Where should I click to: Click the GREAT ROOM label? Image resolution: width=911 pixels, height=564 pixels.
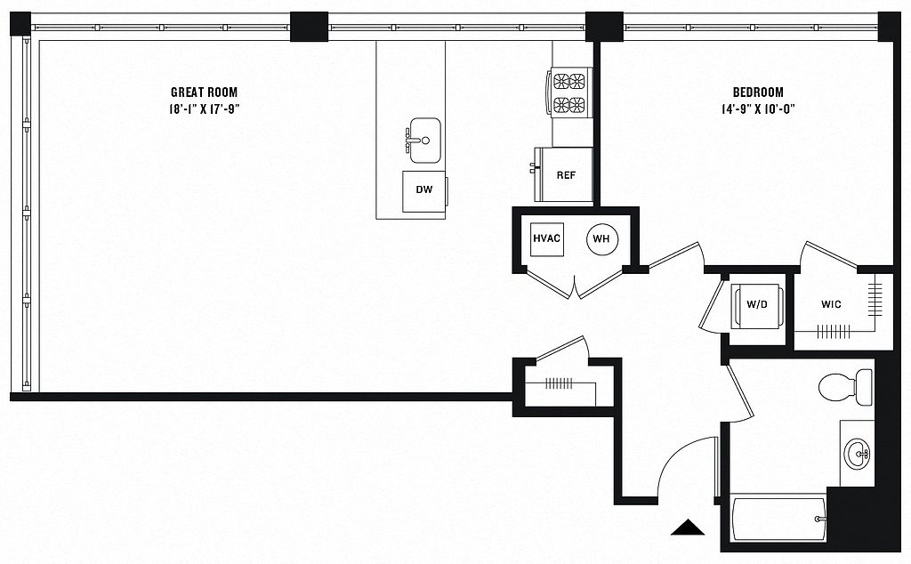click(204, 92)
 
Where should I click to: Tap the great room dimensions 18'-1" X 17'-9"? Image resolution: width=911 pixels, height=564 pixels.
click(205, 109)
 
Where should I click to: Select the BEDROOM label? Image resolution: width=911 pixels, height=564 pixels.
click(758, 92)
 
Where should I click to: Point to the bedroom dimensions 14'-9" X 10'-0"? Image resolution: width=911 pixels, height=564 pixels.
click(758, 109)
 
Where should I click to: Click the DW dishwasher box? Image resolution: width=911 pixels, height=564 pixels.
click(424, 189)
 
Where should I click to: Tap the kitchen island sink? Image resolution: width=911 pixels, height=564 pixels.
click(424, 141)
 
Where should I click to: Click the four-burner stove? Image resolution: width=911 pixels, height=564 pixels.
click(569, 93)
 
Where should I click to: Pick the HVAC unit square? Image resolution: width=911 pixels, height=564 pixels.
click(547, 238)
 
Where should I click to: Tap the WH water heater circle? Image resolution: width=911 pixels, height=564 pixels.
click(602, 238)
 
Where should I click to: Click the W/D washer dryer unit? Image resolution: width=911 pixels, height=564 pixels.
click(756, 305)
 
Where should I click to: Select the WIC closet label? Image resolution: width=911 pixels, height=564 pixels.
click(831, 303)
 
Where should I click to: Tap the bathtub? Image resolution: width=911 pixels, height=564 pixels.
click(778, 519)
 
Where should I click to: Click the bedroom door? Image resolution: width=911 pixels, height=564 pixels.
click(675, 256)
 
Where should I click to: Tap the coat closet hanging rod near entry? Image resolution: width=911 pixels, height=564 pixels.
click(559, 383)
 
